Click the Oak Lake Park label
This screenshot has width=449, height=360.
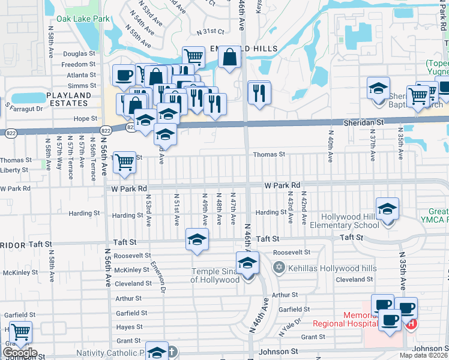(x=84, y=19)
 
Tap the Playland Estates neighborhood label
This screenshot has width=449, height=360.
(x=68, y=99)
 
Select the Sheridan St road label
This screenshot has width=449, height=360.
(x=363, y=122)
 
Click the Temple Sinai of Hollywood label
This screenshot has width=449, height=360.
(x=215, y=275)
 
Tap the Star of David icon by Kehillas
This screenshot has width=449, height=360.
(x=278, y=267)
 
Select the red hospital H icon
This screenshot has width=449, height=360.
(x=412, y=325)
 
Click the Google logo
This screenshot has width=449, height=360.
(x=19, y=352)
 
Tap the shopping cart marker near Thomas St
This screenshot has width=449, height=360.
(x=124, y=162)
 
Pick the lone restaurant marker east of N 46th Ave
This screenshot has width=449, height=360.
(x=259, y=93)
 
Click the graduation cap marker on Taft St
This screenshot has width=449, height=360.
(x=197, y=239)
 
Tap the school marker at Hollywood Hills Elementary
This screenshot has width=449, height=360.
(x=388, y=209)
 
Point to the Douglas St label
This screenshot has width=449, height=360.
(x=79, y=53)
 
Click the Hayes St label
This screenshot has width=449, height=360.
(x=129, y=327)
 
